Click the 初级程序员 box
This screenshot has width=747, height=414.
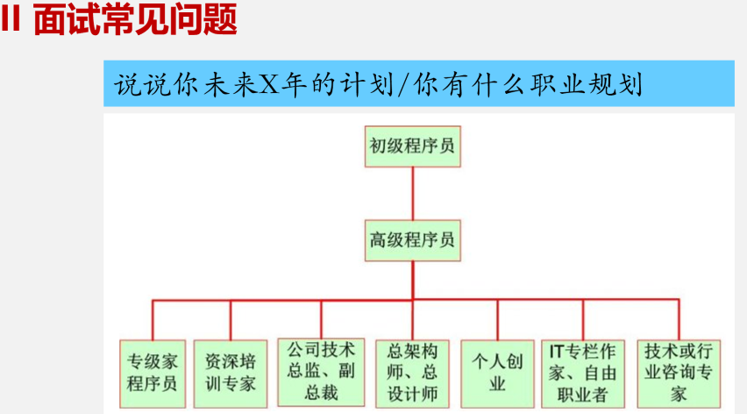411,146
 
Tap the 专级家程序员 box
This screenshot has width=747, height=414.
153,372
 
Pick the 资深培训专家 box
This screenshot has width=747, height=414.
231,372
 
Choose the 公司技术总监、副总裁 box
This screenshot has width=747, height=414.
322,372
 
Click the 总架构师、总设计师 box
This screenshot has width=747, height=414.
411,372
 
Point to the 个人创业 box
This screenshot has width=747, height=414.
497,372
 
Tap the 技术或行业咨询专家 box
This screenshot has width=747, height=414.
679,372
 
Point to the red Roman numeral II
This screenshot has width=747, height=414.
11,19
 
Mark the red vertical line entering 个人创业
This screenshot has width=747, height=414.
497,320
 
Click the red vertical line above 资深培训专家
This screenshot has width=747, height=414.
231,320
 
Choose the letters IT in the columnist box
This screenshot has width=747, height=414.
554,351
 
